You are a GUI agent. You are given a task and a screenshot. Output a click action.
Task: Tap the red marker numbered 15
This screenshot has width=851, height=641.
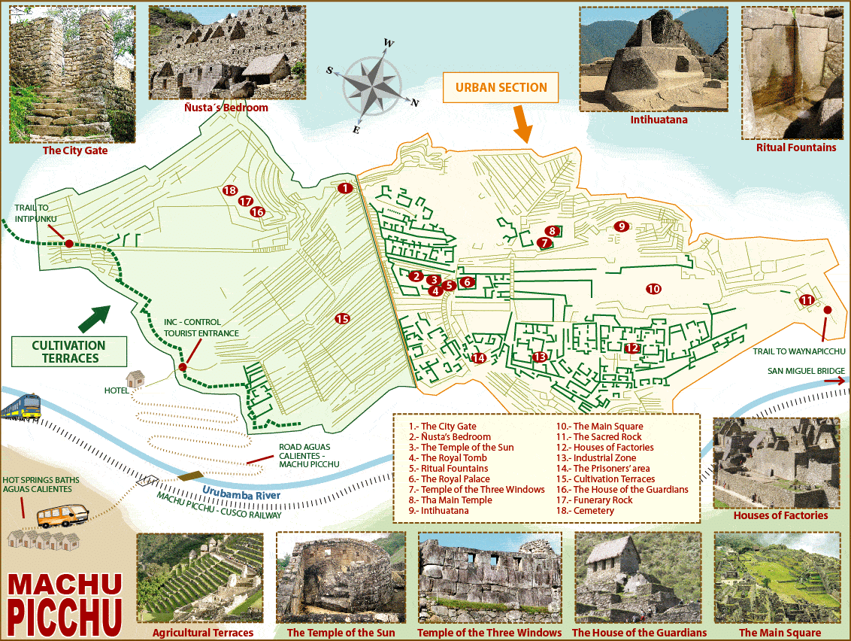342,319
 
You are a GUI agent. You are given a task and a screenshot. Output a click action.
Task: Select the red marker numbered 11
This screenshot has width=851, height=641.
807,299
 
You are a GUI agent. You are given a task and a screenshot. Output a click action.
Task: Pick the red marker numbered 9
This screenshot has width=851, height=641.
620,226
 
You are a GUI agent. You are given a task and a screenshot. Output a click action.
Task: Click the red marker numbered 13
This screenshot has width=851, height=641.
539,357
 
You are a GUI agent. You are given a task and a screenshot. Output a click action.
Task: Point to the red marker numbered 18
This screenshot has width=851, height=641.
230,191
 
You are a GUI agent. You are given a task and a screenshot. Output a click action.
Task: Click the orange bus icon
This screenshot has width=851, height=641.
63,515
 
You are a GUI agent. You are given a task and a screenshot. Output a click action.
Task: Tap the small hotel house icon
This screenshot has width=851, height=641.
135,378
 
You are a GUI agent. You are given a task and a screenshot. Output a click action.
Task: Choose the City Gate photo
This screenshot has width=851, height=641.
72,74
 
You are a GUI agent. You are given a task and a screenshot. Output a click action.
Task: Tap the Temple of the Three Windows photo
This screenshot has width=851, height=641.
489,577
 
